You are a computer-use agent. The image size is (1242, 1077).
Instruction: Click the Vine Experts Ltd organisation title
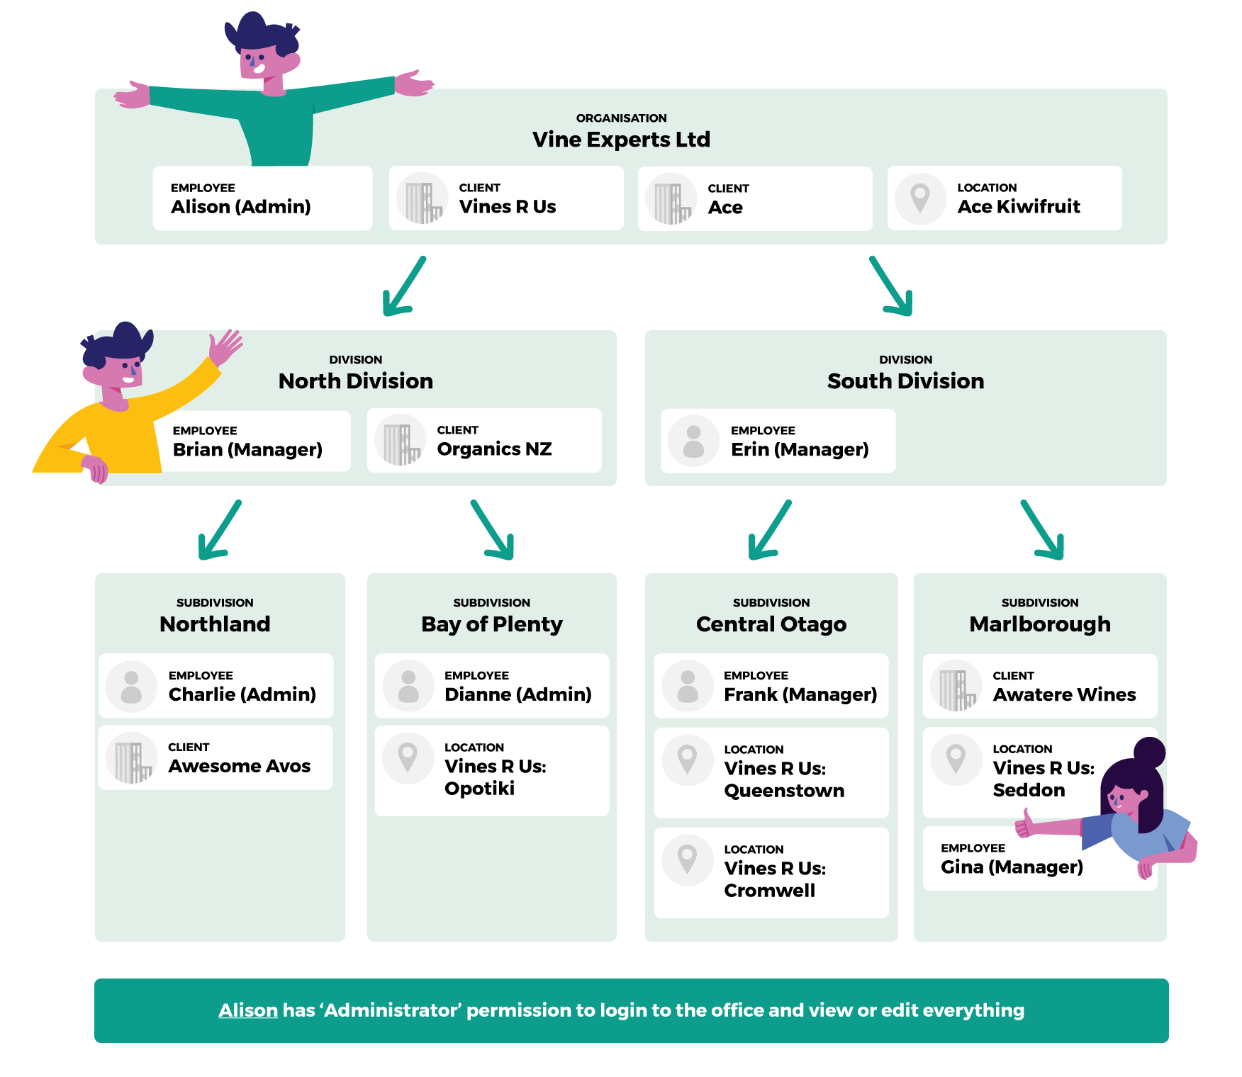[x=621, y=140]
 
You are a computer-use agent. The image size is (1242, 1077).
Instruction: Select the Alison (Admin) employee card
[x=262, y=198]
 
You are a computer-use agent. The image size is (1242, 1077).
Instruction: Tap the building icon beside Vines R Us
[x=423, y=198]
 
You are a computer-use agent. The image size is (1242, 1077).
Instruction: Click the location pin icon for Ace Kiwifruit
[x=920, y=198]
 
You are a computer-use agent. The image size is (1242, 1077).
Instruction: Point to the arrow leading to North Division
[x=403, y=286]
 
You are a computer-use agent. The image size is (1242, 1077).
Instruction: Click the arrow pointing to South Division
[x=891, y=286]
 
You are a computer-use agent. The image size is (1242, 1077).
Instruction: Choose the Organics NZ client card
[x=484, y=441]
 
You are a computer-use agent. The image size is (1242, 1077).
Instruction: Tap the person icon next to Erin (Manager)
[x=693, y=441]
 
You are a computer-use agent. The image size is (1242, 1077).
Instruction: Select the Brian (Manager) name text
[x=247, y=450]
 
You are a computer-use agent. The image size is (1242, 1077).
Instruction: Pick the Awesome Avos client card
[x=216, y=757]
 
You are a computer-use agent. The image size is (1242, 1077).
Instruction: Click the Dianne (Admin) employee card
[x=492, y=686]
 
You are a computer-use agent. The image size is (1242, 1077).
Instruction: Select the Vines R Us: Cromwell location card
[x=771, y=873]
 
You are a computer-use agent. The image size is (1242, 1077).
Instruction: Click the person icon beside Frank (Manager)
[x=687, y=686]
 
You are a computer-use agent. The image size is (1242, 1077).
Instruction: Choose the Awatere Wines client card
[x=1040, y=686]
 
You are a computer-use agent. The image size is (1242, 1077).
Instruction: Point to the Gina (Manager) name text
[x=1012, y=867]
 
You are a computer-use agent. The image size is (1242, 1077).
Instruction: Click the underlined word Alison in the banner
[x=248, y=1010]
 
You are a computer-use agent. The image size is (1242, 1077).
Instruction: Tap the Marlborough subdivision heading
[x=1040, y=624]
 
